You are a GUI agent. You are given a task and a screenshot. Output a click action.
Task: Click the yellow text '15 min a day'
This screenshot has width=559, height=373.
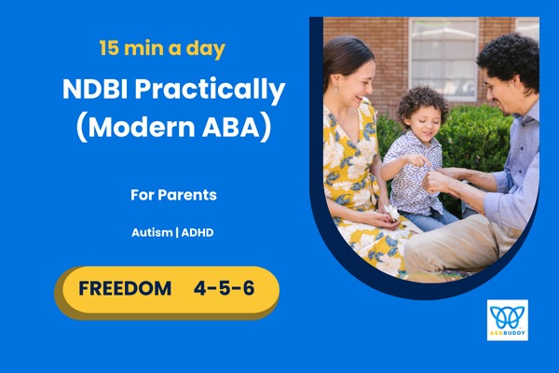click(x=162, y=47)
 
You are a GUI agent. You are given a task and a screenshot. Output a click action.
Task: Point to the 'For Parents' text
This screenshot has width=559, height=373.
click(x=173, y=196)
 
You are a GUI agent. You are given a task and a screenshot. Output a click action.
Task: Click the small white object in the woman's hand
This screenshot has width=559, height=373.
click(x=392, y=214)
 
